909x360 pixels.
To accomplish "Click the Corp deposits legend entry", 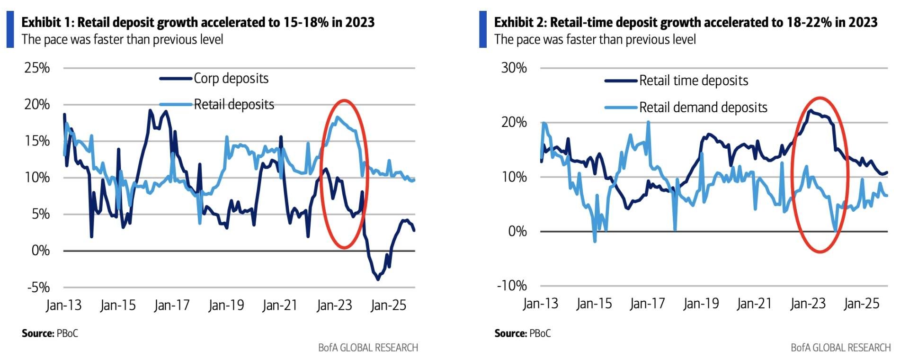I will click(231, 79).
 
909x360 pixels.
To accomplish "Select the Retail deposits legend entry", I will click(234, 105).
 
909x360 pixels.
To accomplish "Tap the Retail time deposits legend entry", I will click(693, 81).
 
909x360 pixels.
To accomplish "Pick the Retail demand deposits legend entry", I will click(703, 108).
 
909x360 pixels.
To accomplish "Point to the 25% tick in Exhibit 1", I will click(37, 68).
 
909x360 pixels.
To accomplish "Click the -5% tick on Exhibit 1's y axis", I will click(38, 287).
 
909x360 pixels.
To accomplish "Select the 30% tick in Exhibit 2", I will click(514, 68).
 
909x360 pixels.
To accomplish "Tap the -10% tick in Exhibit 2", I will click(512, 286).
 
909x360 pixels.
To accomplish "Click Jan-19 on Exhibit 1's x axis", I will click(226, 306).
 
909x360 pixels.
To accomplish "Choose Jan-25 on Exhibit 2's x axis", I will click(861, 304).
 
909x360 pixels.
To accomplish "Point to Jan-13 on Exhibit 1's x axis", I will click(63, 306).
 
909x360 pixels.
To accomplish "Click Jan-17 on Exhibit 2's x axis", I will click(647, 304).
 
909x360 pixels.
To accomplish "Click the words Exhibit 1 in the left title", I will click(47, 22).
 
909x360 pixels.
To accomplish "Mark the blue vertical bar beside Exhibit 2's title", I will click(483, 29).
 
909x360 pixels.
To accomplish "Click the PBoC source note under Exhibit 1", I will click(67, 333).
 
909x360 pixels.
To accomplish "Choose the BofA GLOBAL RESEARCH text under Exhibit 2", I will click(840, 348).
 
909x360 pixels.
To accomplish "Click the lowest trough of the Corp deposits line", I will click(378, 279).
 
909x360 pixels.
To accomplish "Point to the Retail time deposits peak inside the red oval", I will click(810, 110).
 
